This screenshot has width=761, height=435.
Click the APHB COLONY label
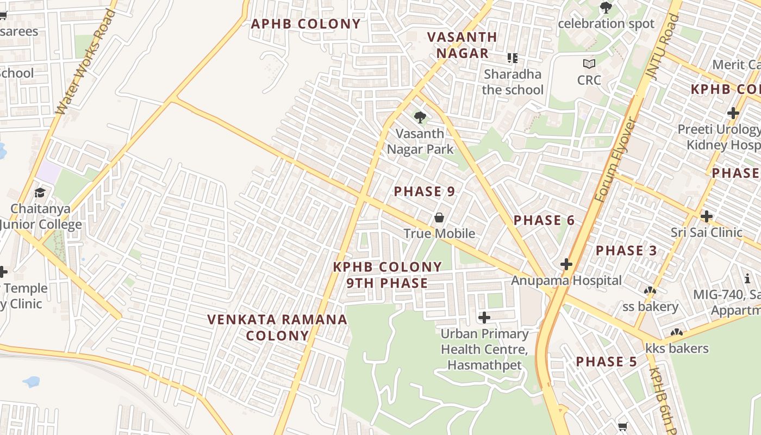point(305,24)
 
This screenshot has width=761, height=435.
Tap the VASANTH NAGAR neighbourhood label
point(462,45)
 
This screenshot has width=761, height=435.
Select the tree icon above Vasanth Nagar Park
point(420,117)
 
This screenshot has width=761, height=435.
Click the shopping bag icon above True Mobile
point(439,217)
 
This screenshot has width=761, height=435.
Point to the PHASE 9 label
point(425,191)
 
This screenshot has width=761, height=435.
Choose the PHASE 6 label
point(544,220)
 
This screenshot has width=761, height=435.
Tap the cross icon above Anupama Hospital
point(566,264)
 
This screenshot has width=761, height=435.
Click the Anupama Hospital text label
point(566,281)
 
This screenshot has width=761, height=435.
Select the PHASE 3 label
point(626,251)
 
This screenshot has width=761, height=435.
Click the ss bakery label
point(650,306)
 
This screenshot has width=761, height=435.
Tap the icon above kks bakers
point(676,332)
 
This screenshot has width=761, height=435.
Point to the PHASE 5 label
point(607,362)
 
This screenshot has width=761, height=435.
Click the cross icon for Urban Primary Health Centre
point(484,317)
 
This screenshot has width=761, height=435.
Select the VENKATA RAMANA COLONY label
point(277,327)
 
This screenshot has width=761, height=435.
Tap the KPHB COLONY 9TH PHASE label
point(388,275)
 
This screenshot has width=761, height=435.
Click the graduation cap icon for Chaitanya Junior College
point(40,192)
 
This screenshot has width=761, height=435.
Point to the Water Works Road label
point(86,63)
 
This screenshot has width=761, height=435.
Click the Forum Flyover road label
point(616,160)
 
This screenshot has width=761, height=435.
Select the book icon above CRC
point(589,64)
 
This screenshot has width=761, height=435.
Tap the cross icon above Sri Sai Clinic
point(706,216)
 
